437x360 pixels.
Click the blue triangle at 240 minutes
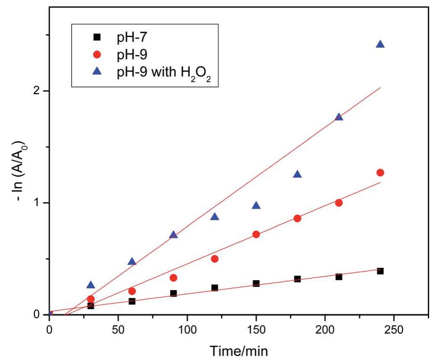click(380, 44)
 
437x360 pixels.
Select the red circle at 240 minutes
click(380, 172)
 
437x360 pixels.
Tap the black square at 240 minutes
click(380, 271)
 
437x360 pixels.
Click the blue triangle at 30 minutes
click(91, 285)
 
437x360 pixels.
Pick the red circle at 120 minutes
click(215, 259)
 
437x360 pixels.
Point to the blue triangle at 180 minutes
click(297, 175)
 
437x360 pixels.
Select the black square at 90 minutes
click(173, 293)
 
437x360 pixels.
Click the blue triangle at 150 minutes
click(256, 206)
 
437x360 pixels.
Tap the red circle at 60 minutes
click(132, 291)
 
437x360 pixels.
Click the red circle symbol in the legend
click(97, 55)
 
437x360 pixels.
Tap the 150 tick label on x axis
click(256, 330)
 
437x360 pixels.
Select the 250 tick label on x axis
click(394, 330)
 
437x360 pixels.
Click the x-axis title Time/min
click(239, 351)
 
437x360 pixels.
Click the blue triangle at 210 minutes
click(339, 117)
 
